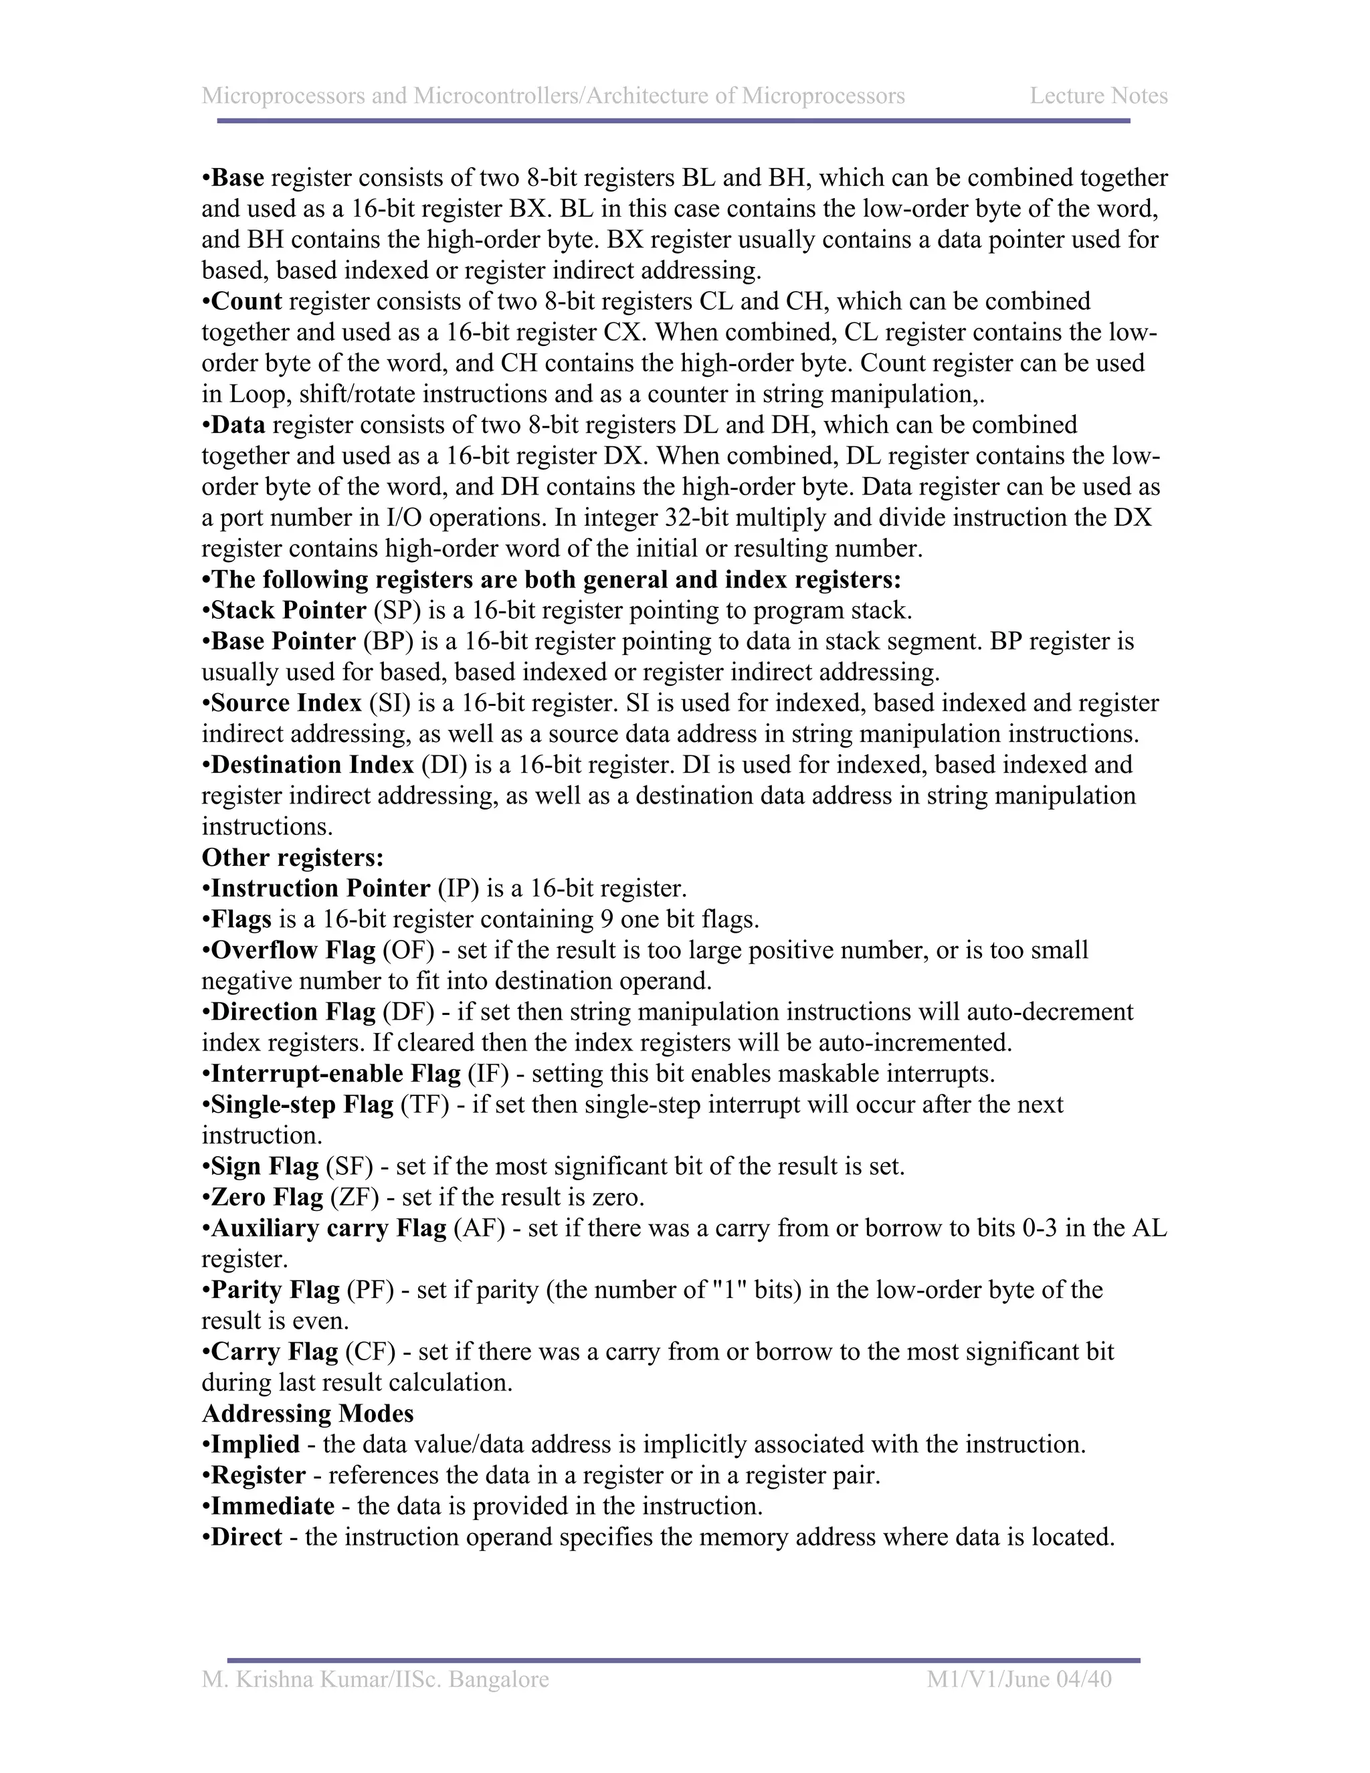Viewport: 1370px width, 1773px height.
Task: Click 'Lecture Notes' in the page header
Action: [1098, 96]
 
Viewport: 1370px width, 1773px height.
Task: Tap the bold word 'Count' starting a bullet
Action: [246, 301]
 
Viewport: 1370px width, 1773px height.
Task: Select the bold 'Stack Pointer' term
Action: [288, 610]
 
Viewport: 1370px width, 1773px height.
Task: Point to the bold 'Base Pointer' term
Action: [283, 642]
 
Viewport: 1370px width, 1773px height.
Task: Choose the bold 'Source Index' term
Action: [286, 703]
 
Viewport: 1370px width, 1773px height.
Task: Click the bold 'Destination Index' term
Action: [312, 765]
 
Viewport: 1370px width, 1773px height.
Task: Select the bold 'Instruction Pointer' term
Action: [320, 888]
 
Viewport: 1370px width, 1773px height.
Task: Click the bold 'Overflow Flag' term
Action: [293, 950]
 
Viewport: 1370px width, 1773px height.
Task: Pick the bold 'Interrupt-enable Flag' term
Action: [335, 1073]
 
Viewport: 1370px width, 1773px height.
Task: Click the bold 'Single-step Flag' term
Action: [302, 1104]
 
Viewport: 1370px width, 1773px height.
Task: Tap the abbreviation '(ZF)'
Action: [354, 1197]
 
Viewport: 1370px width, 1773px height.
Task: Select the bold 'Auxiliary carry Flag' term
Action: [328, 1228]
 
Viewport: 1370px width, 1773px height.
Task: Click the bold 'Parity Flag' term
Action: [275, 1290]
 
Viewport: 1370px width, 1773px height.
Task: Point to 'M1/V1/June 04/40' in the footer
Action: [1019, 1679]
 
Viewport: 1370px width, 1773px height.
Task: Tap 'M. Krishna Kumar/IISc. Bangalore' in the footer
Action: [375, 1679]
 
